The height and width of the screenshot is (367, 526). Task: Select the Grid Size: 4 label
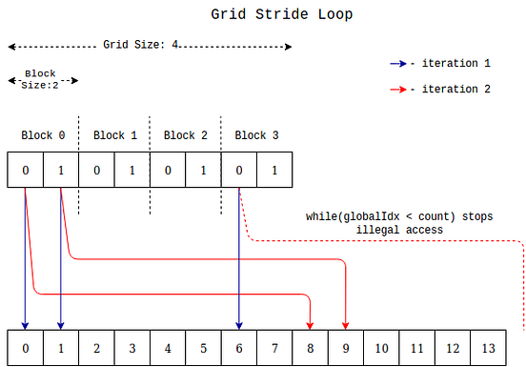click(x=141, y=45)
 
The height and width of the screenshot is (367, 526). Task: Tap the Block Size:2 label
click(x=41, y=79)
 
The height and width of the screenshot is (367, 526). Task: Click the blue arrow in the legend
click(x=397, y=64)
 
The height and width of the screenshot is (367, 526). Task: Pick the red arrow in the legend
click(x=397, y=89)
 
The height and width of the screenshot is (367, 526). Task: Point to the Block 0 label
click(x=43, y=135)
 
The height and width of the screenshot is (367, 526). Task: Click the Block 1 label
click(x=114, y=135)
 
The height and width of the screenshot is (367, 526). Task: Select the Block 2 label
click(x=186, y=135)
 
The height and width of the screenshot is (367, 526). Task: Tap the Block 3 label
click(x=256, y=135)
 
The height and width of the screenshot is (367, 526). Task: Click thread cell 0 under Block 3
click(x=238, y=171)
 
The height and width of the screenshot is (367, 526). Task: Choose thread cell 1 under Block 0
click(x=60, y=171)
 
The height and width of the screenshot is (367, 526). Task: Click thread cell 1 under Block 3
click(x=274, y=171)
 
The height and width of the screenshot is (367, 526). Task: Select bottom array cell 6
click(x=238, y=346)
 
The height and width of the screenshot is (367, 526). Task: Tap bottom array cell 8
click(x=310, y=346)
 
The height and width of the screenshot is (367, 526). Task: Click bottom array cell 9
click(x=345, y=346)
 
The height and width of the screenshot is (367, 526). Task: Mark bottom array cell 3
click(x=131, y=346)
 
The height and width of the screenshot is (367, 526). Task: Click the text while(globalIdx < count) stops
click(x=399, y=216)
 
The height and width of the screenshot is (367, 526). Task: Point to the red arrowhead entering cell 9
click(x=345, y=324)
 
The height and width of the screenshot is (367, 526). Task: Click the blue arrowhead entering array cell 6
click(x=238, y=324)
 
